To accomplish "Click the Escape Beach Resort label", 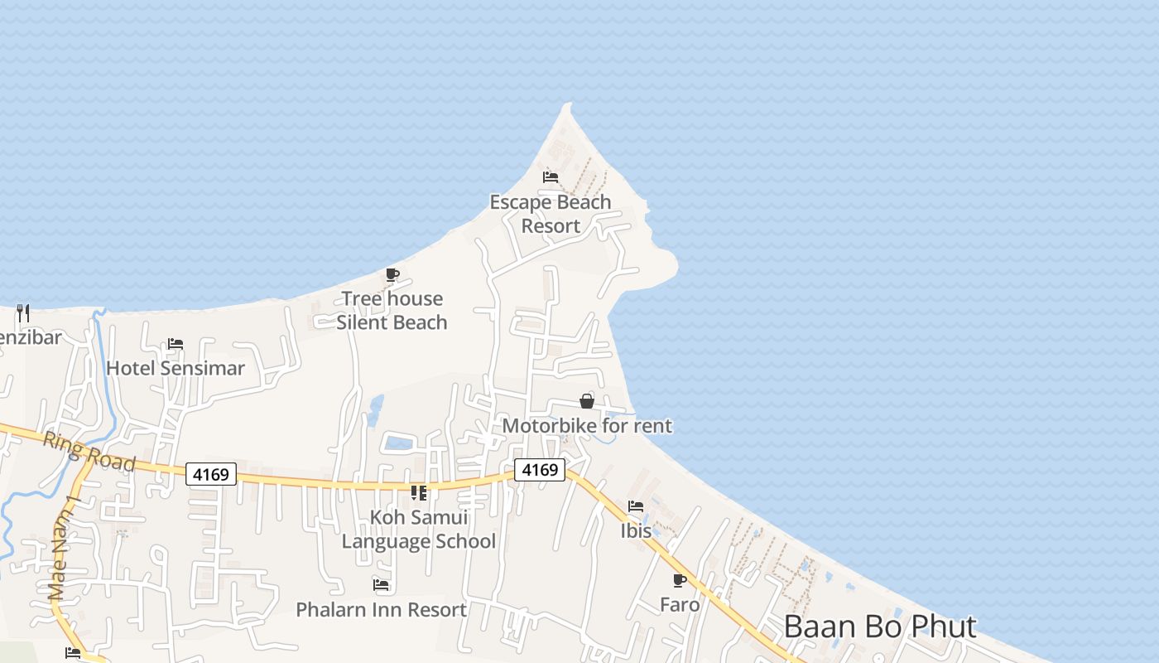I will point(551,214).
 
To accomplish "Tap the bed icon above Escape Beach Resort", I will point(551,177).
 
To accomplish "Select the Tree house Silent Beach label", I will point(392,311).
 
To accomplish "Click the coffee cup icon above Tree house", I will point(392,274).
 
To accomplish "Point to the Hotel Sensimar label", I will point(176,368).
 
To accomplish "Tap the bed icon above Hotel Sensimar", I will point(176,343).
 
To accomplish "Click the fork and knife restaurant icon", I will point(23,312).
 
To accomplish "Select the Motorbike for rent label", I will point(587,426).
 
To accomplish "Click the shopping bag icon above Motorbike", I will point(587,401).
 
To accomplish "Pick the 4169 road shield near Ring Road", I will point(210,474).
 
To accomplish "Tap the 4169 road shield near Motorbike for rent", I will point(540,470).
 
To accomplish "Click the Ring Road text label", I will point(89,452).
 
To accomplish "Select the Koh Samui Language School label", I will point(419,530).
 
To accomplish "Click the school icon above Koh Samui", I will point(419,493).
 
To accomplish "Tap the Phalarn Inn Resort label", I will point(381,610).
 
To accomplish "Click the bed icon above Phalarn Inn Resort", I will point(381,585).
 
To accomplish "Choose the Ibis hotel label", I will point(636,530).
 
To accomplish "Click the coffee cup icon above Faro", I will point(680,580).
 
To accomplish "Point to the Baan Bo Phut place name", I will point(880,627).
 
